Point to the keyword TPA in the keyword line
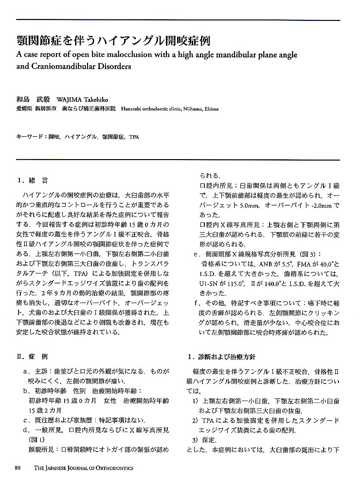click(x=134, y=137)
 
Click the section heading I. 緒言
click(x=32, y=181)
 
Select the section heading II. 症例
click(x=32, y=357)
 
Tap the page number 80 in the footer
click(x=18, y=468)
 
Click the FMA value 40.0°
click(x=323, y=263)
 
